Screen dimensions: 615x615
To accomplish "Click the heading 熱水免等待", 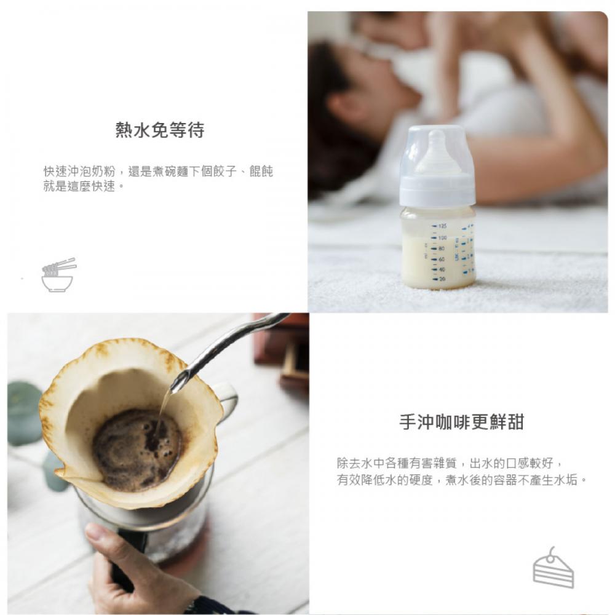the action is click(160, 130).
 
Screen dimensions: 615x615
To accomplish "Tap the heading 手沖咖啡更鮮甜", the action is click(462, 422).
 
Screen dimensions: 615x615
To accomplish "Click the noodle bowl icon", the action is click(58, 275).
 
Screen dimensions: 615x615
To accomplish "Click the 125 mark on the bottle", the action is click(442, 226).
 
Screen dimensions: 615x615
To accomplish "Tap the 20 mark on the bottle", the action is click(442, 279).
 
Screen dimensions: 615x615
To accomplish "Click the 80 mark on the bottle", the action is click(442, 248).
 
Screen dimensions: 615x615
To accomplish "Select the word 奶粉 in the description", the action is click(103, 172).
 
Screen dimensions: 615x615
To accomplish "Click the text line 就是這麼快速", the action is click(79, 186).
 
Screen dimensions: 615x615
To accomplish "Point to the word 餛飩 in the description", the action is click(261, 172).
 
